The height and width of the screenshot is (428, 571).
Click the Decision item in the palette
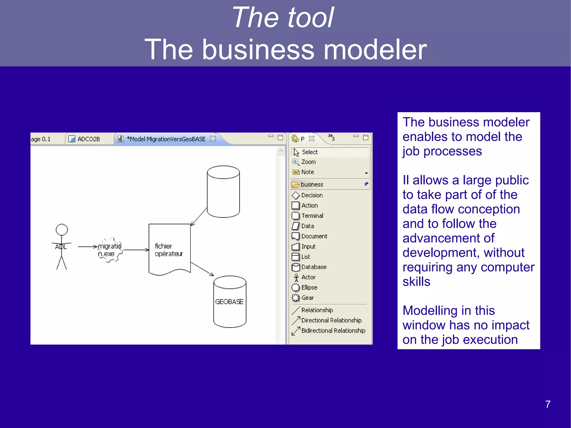tap(312, 195)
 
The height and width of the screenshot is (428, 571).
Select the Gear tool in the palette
tap(307, 298)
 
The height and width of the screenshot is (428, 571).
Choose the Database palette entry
tap(313, 267)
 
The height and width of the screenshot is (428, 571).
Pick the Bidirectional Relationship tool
tap(333, 331)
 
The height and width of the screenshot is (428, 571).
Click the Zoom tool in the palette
tap(308, 162)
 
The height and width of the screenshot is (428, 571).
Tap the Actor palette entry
tap(308, 277)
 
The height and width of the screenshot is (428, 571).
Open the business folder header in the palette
tap(312, 185)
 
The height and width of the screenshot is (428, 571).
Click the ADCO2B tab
tap(88, 139)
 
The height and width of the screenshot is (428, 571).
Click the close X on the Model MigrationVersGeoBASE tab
tap(213, 139)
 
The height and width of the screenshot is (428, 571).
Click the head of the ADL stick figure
tap(62, 230)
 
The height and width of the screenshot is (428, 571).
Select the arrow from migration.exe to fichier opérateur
tap(136, 250)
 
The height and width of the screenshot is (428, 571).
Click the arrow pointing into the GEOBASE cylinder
tap(202, 269)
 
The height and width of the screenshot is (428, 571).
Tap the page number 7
tap(548, 404)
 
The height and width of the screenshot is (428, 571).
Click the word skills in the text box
tap(416, 282)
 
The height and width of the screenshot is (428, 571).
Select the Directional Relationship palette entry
tap(331, 320)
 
